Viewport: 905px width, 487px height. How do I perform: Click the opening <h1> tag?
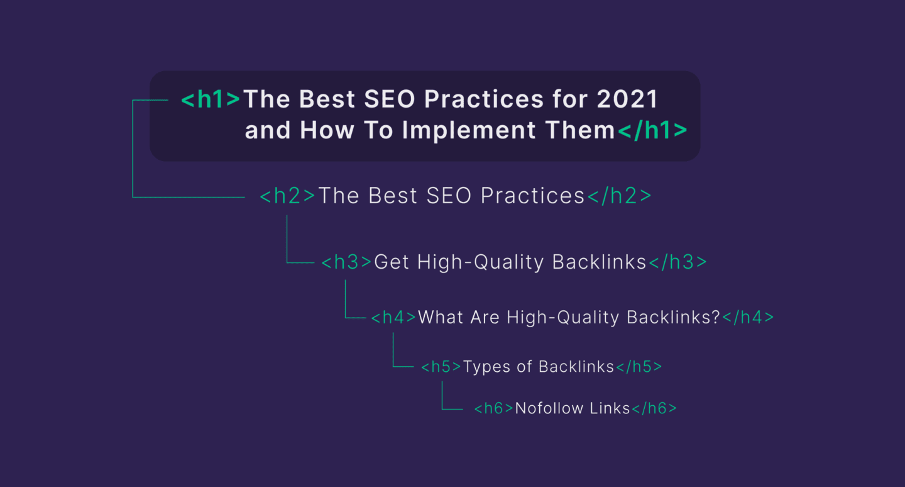(211, 99)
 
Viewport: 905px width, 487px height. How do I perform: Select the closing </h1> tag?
(652, 130)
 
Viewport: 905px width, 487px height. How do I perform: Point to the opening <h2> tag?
(288, 196)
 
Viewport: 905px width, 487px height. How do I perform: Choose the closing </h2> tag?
(620, 196)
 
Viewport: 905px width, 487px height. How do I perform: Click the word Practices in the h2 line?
(533, 196)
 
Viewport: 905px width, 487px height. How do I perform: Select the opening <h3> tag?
(346, 262)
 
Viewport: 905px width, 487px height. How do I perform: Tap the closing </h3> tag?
(677, 262)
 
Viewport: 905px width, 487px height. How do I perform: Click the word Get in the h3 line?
(392, 262)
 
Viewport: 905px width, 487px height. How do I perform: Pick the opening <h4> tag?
(393, 318)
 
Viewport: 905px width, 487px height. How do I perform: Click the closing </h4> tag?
(748, 318)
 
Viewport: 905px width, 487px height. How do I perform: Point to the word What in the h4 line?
(439, 318)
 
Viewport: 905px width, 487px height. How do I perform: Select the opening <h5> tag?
(441, 367)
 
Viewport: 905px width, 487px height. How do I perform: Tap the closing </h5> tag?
(639, 367)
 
